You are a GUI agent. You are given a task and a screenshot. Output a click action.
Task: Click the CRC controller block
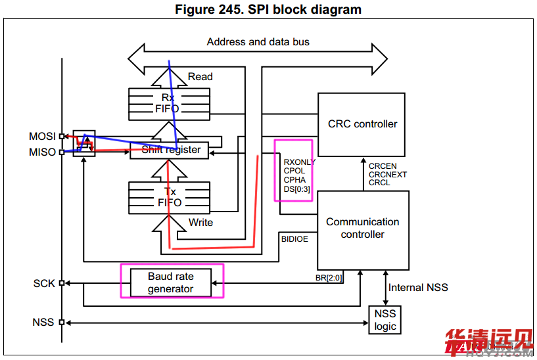point(362,124)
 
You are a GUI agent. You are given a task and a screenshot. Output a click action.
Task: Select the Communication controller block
point(362,228)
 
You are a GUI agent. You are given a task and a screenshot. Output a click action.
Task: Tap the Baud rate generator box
point(170,282)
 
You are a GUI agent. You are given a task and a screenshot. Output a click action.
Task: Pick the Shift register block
point(171,150)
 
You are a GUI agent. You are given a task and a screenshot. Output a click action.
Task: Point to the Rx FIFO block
point(169,103)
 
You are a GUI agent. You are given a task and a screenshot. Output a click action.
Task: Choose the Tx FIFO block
point(169,196)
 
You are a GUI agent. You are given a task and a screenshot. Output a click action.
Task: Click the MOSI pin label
point(41,137)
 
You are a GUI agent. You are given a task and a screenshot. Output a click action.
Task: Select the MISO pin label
point(42,152)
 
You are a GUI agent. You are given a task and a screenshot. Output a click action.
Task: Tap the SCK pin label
point(44,284)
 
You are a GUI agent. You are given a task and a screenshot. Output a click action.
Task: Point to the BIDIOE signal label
point(294,239)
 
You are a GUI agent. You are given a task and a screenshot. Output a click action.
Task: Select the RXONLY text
point(299,162)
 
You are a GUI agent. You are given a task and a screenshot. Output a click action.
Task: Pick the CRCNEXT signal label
point(387,175)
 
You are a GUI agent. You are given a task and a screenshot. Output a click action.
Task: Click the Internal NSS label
point(418,287)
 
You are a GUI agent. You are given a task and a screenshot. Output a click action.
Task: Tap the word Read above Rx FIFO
point(200,77)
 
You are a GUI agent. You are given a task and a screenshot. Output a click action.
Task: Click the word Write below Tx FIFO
point(200,222)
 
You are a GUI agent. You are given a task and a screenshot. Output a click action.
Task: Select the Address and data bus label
point(258,42)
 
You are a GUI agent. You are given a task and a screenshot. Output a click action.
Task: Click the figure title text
point(268,10)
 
